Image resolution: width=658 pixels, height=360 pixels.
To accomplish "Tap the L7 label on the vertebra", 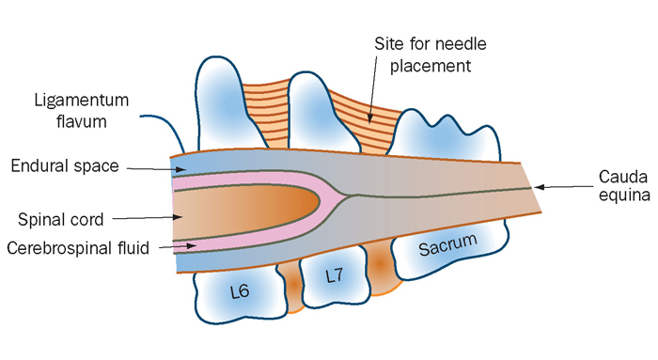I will tap(335, 275).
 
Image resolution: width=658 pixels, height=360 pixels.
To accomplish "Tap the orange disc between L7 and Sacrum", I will tap(378, 260).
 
